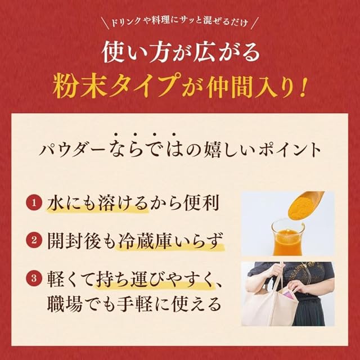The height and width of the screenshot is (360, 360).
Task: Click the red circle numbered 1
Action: pyautogui.click(x=34, y=202)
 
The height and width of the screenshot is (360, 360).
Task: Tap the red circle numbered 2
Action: pyautogui.click(x=34, y=240)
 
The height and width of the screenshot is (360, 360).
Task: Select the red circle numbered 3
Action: pyautogui.click(x=34, y=278)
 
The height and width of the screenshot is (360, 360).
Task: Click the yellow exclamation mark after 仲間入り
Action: pyautogui.click(x=302, y=87)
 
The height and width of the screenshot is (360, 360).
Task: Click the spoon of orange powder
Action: pyautogui.click(x=306, y=204)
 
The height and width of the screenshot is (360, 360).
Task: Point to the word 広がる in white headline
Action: pyautogui.click(x=227, y=52)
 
